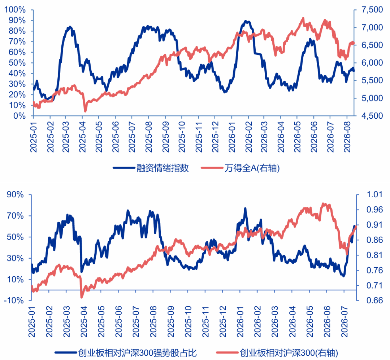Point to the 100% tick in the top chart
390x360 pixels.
(x=15, y=10)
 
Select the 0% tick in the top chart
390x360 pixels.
(x=19, y=116)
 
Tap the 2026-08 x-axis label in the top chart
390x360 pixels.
(x=347, y=137)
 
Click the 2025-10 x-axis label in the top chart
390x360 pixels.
(x=182, y=137)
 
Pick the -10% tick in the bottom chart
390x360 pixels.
(x=14, y=300)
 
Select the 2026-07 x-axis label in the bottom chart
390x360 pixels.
(x=344, y=321)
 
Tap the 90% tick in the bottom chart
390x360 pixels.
(x=15, y=194)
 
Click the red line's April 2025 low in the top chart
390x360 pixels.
(x=85, y=111)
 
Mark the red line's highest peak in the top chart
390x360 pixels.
(x=303, y=18)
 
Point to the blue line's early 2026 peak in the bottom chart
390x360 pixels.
(x=245, y=208)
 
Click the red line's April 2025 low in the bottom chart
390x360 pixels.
(x=82, y=297)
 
